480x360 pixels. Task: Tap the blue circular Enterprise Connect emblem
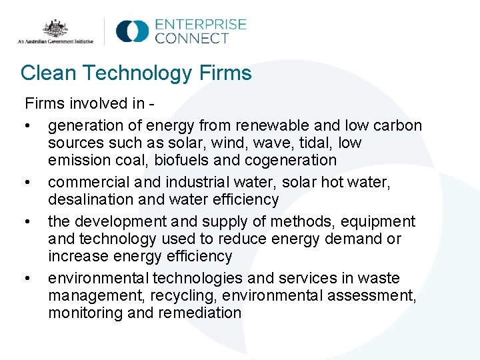point(132,31)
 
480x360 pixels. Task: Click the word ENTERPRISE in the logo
point(200,25)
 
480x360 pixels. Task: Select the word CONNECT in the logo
point(192,39)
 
